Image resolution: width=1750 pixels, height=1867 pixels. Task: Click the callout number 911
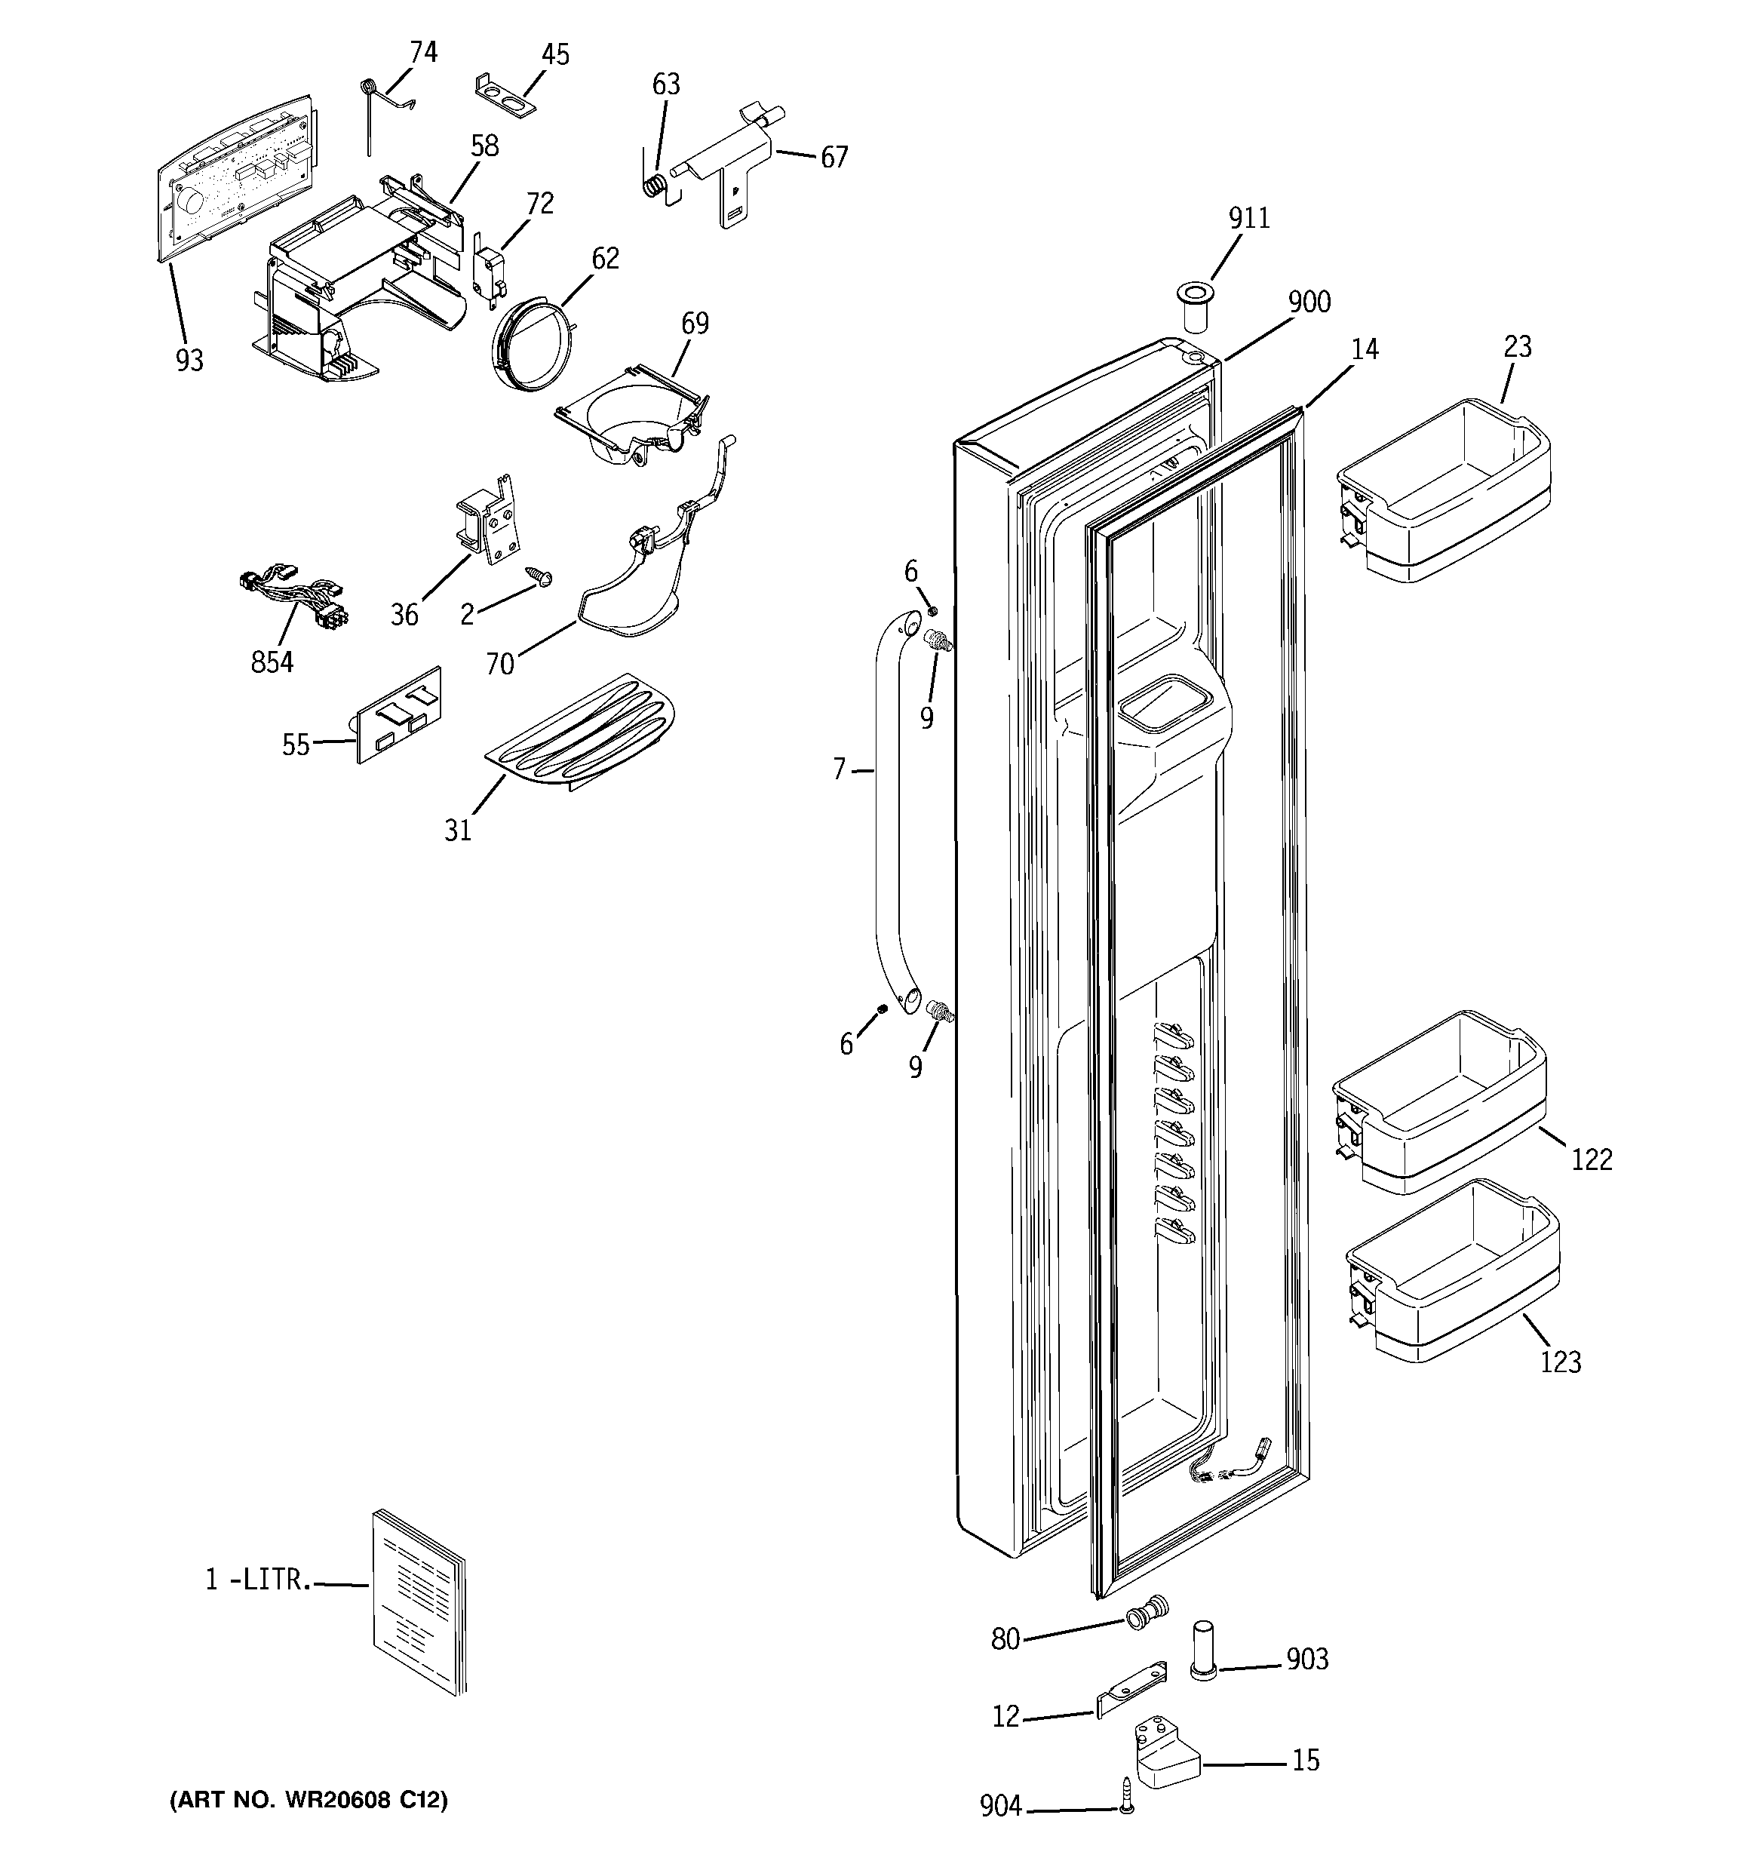(1248, 219)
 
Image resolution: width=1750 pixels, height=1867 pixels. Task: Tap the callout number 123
(1560, 1362)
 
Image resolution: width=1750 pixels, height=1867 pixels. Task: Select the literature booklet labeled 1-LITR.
(418, 1613)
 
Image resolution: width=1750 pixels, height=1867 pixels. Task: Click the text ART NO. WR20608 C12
(308, 1799)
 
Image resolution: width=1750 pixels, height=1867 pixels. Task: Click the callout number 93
(189, 361)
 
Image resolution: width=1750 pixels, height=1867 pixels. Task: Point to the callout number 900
(1309, 302)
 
